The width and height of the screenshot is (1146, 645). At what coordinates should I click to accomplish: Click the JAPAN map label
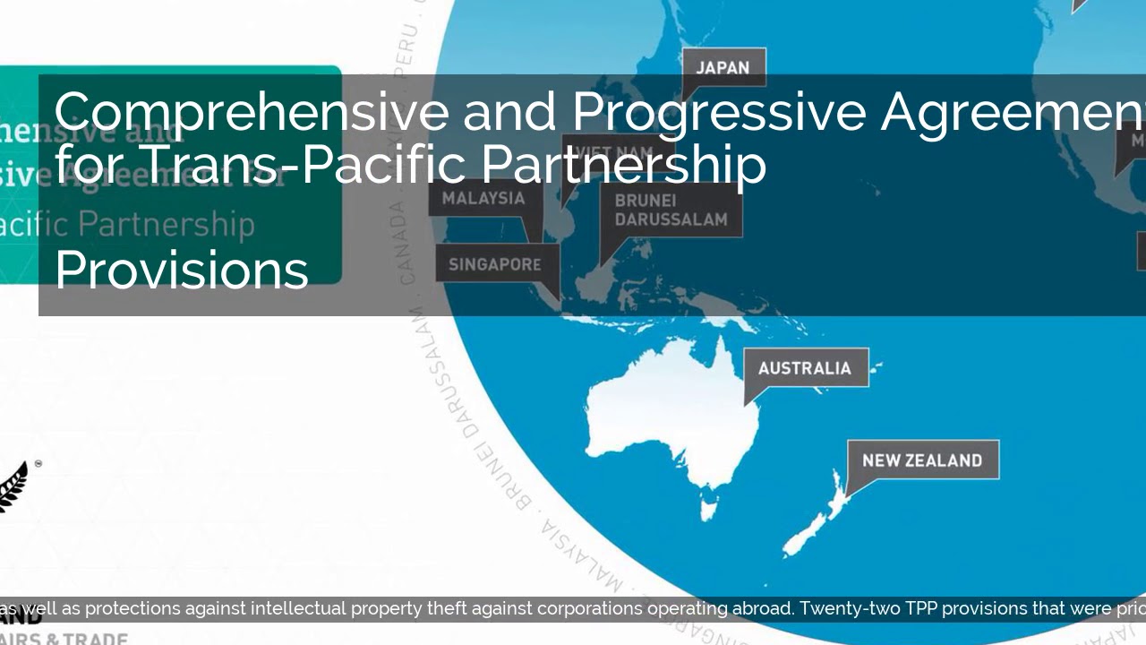click(723, 68)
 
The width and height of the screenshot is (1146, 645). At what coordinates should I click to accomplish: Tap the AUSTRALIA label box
click(805, 368)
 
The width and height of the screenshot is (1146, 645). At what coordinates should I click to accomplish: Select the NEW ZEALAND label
click(922, 460)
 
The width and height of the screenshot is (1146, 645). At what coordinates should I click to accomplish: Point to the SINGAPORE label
click(495, 264)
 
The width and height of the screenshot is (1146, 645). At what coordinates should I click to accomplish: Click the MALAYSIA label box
click(483, 198)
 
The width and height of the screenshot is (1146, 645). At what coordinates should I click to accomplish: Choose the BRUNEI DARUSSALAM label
click(671, 210)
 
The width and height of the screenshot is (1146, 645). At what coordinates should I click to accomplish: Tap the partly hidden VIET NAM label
click(609, 148)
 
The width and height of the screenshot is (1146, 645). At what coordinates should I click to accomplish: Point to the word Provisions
click(182, 269)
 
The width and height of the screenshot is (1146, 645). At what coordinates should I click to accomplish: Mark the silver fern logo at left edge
click(13, 486)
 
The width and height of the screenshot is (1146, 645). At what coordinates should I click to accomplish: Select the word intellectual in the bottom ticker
click(298, 609)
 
